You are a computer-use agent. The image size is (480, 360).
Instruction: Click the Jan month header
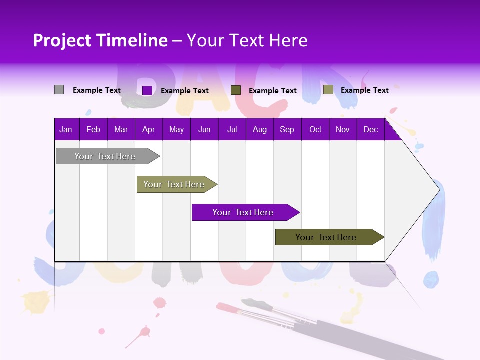coord(66,129)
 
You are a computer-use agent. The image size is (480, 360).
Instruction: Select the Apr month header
coord(148,129)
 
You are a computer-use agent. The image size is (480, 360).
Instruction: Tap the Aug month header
coord(259,129)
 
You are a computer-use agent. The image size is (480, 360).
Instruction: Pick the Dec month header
coord(370,129)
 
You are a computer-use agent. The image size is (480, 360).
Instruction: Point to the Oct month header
coord(315,129)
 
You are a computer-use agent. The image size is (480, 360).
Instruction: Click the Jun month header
coord(204,129)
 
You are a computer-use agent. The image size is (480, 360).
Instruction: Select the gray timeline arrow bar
coord(105,156)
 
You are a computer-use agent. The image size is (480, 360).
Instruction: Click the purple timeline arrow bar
coord(243,212)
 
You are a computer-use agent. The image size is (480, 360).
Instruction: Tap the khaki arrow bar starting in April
coord(174,184)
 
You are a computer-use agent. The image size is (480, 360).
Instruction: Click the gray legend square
coord(59,90)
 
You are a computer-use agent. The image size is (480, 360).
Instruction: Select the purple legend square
coord(147,90)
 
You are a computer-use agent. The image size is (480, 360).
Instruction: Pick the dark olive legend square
coord(236,90)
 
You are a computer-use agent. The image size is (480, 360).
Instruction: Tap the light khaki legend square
coord(328,90)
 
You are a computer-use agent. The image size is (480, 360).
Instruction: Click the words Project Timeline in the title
coord(100,40)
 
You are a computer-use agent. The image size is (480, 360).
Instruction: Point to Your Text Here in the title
coord(247,40)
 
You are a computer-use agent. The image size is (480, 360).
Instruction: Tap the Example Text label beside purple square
coord(185,91)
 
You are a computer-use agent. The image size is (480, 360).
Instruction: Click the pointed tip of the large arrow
coord(438,189)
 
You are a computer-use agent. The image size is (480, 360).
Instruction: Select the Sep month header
coord(287,129)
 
